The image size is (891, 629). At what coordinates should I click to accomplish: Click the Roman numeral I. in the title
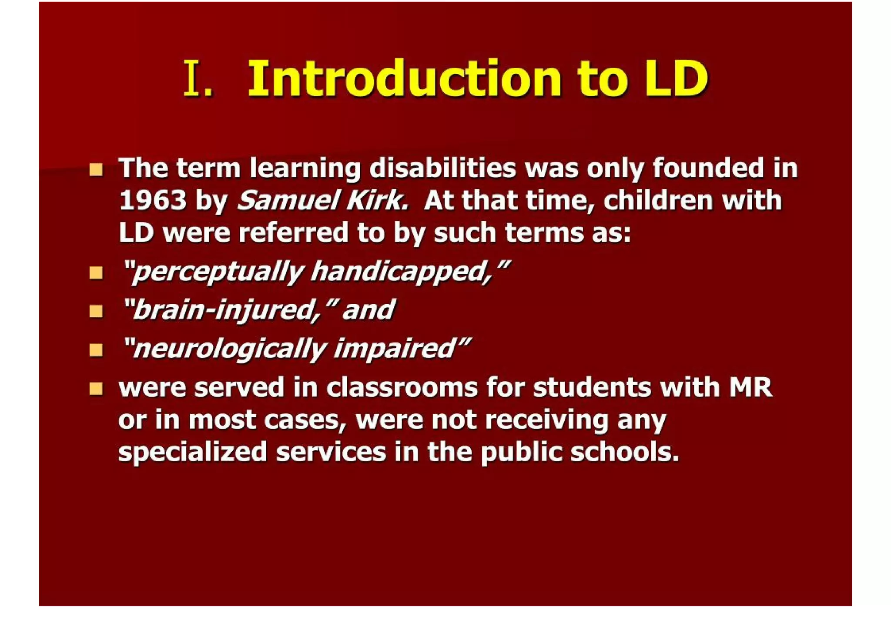[198, 78]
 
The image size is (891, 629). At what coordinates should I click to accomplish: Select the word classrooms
[402, 387]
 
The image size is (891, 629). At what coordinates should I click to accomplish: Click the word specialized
[192, 452]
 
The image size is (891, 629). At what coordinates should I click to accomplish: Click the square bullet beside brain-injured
[96, 311]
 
